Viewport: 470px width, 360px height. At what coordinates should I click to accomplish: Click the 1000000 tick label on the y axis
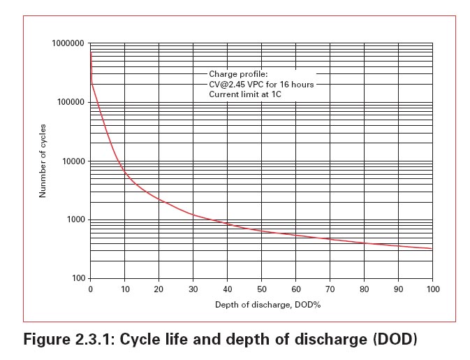(x=68, y=43)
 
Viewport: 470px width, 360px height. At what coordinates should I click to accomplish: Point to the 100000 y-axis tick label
(x=70, y=102)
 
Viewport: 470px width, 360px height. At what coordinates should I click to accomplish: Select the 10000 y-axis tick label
(x=72, y=161)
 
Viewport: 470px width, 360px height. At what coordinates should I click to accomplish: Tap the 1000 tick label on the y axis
(x=74, y=220)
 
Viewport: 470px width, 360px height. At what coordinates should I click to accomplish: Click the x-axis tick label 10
(x=124, y=289)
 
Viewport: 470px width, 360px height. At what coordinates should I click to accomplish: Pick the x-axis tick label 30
(x=193, y=289)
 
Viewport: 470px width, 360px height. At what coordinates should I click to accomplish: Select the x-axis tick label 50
(x=261, y=289)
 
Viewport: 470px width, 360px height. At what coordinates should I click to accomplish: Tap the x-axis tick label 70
(x=330, y=289)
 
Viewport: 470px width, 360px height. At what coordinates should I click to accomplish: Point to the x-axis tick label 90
(x=398, y=289)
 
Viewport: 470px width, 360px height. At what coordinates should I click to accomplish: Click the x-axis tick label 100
(x=432, y=289)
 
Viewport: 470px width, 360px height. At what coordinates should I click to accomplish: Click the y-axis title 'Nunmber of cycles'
(x=43, y=161)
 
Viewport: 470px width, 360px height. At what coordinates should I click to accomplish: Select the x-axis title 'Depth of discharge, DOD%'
(x=261, y=305)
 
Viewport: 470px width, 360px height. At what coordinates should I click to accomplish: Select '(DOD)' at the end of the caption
(x=393, y=340)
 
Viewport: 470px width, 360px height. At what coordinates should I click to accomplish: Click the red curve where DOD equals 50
(x=261, y=231)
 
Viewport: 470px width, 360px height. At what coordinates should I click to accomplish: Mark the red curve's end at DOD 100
(x=432, y=249)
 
